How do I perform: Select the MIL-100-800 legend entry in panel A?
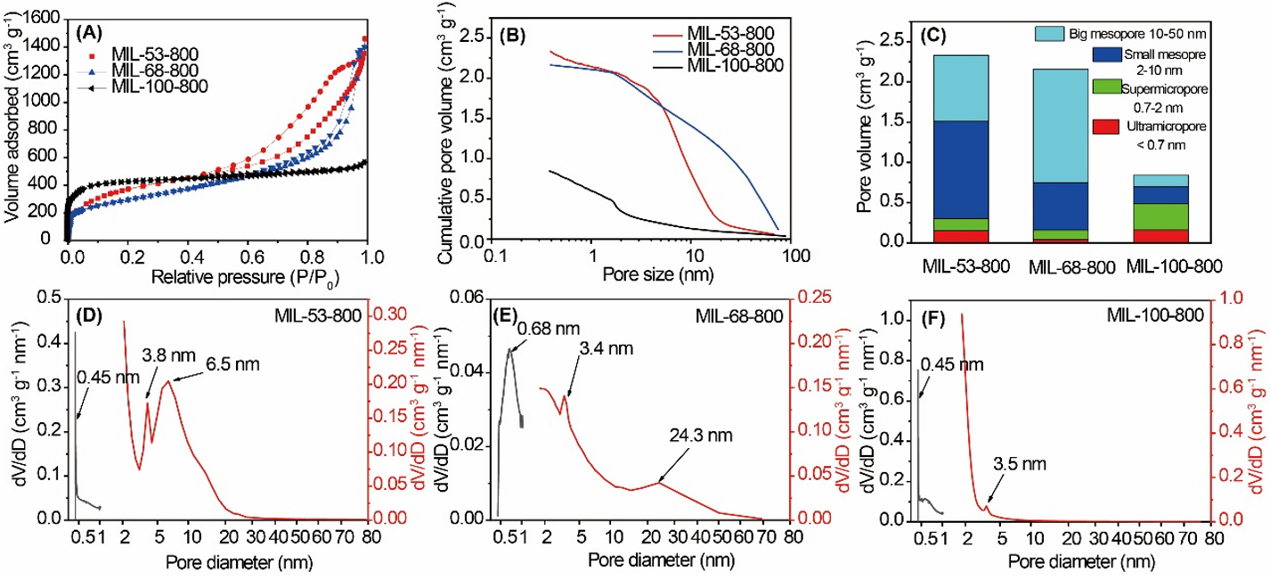pyautogui.click(x=158, y=86)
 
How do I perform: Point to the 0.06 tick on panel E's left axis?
pyautogui.click(x=468, y=300)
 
